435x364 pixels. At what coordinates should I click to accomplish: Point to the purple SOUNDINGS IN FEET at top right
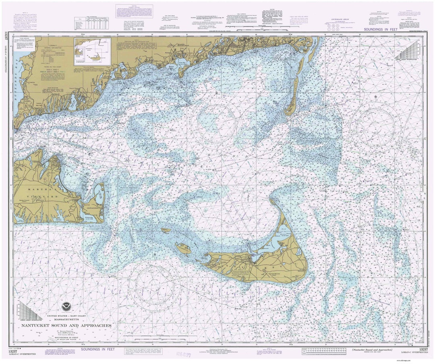point(380,30)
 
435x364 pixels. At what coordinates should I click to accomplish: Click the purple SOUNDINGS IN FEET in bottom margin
point(97,350)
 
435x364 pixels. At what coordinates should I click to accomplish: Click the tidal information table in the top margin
point(92,23)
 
